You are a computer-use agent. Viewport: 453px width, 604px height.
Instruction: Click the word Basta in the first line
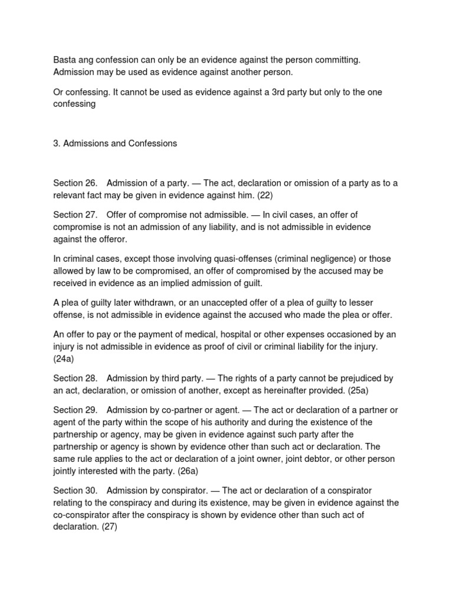(65, 60)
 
